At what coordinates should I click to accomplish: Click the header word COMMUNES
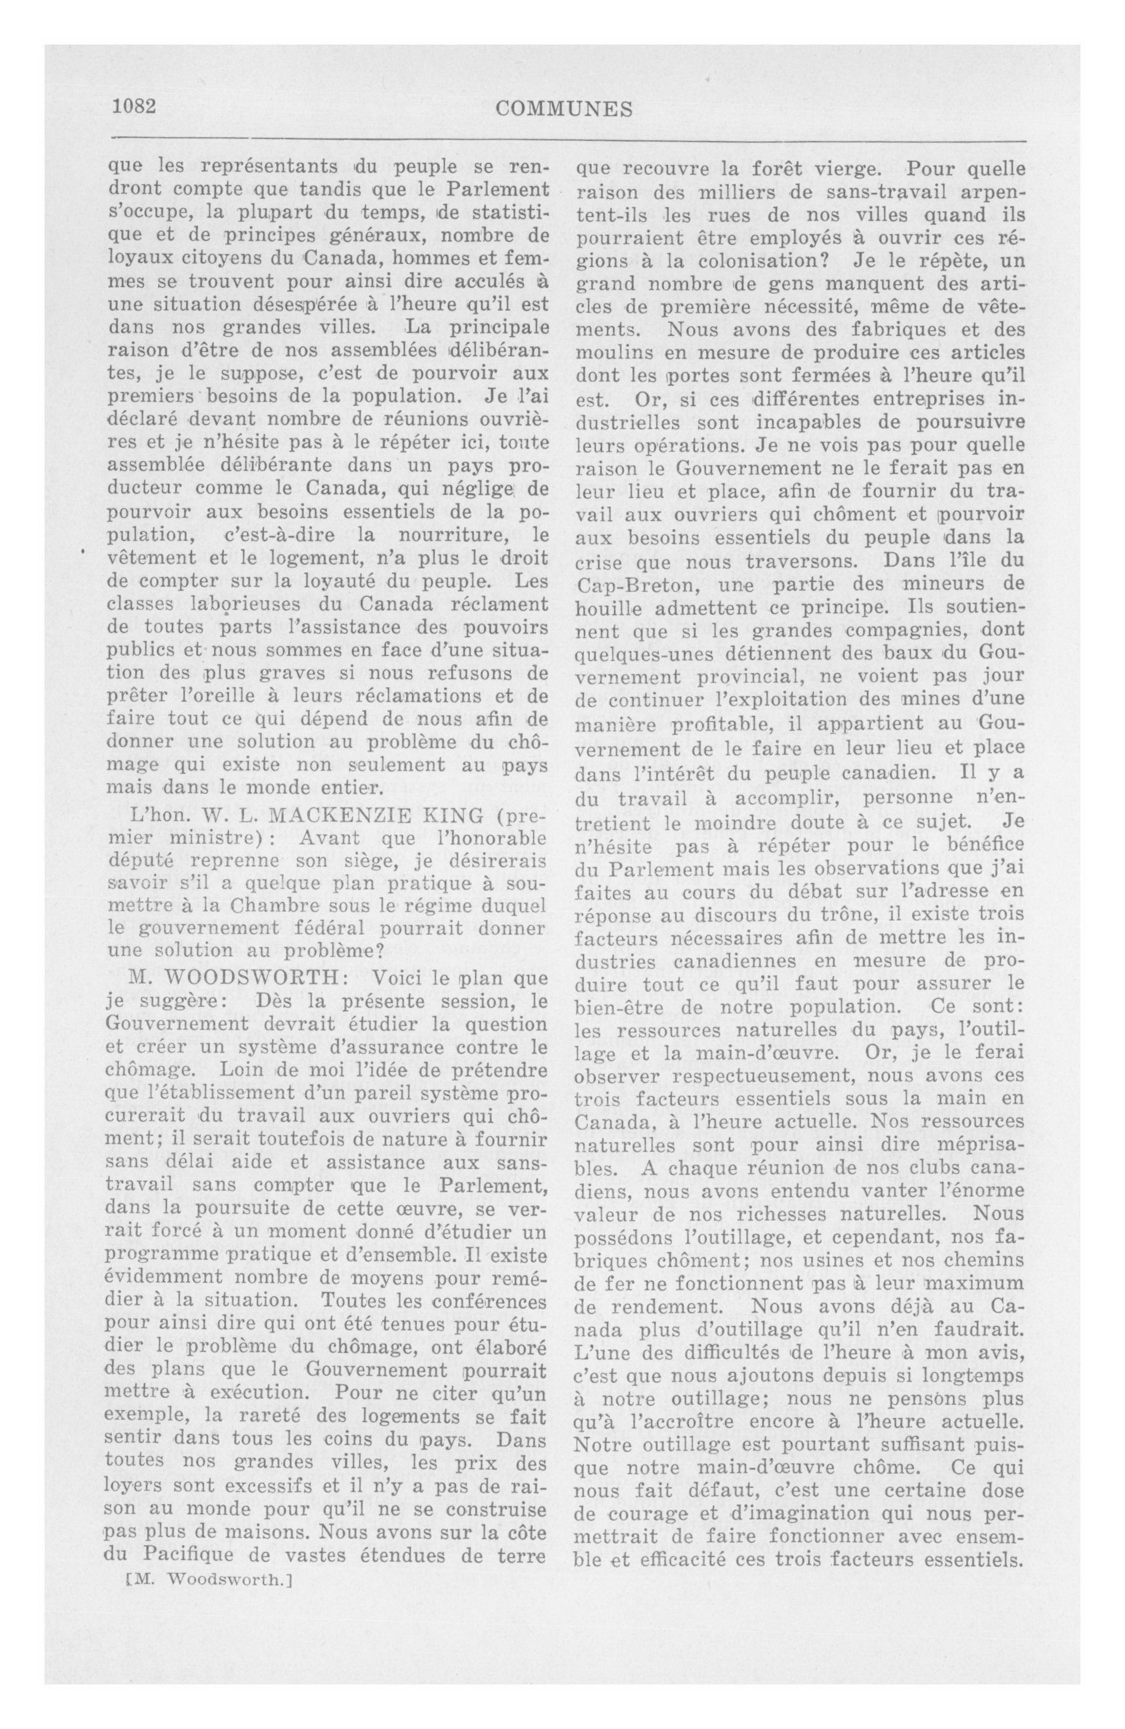click(563, 109)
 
